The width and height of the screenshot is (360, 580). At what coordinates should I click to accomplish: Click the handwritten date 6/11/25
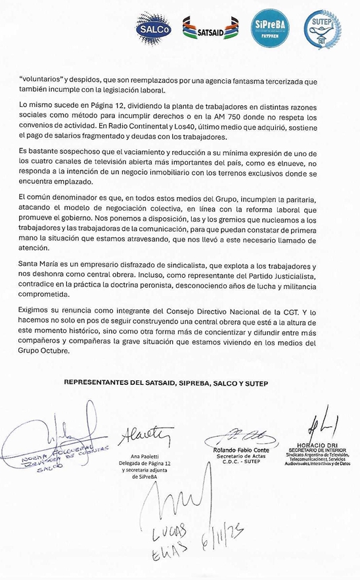pyautogui.click(x=223, y=541)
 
